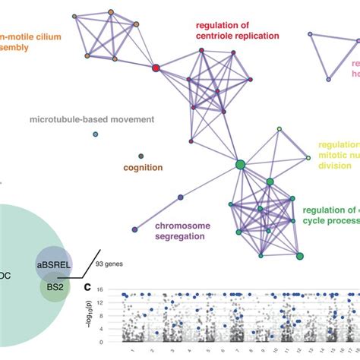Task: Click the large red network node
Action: [156, 68]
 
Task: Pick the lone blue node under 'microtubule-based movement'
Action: [95, 134]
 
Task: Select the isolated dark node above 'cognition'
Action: [141, 156]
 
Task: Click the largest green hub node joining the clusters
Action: [241, 164]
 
